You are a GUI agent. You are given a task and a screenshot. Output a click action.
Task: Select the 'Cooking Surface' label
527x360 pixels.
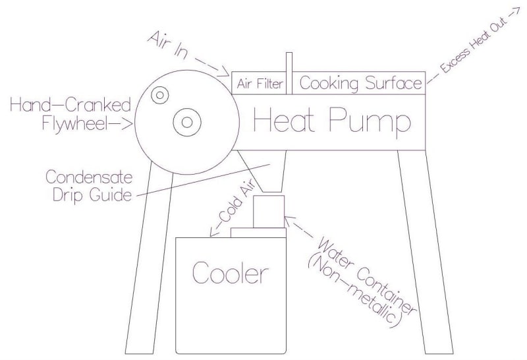tap(360, 84)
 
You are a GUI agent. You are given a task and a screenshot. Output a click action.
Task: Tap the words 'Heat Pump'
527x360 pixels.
tap(333, 122)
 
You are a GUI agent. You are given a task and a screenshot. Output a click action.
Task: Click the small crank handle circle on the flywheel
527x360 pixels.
tap(159, 96)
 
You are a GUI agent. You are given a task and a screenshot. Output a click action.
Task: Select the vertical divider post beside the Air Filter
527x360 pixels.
tap(289, 73)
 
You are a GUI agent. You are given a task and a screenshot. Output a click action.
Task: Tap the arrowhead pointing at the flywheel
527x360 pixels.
tap(131, 123)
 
